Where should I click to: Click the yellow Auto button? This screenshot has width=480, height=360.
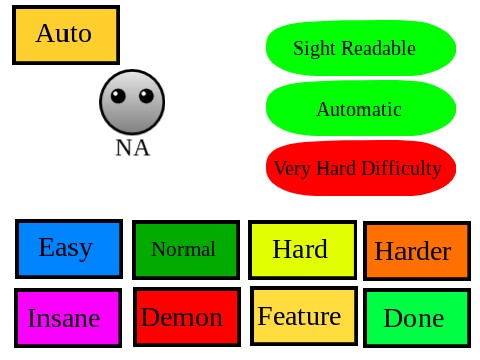point(66,35)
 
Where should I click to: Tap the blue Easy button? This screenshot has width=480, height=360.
point(68,248)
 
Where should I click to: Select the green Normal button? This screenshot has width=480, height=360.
point(185,250)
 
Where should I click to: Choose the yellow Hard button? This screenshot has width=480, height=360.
point(301,250)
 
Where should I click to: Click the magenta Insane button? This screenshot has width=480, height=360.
point(68,318)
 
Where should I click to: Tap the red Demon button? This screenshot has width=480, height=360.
point(185,318)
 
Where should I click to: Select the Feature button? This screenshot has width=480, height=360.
point(301,317)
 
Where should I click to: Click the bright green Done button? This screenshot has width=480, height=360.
point(415,319)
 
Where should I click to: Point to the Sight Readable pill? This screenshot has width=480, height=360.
point(360,48)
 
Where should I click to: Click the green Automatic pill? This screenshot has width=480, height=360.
point(360,109)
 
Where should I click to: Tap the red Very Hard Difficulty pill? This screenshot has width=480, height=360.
point(360,169)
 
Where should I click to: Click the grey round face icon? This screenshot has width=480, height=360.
point(132,103)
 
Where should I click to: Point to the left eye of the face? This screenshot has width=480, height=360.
point(119,96)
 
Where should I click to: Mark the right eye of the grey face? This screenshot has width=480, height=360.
point(146,96)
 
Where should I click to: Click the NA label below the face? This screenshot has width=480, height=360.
point(132,148)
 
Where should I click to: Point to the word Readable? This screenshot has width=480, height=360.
point(378,48)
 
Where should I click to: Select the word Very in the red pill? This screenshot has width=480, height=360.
point(292,169)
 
